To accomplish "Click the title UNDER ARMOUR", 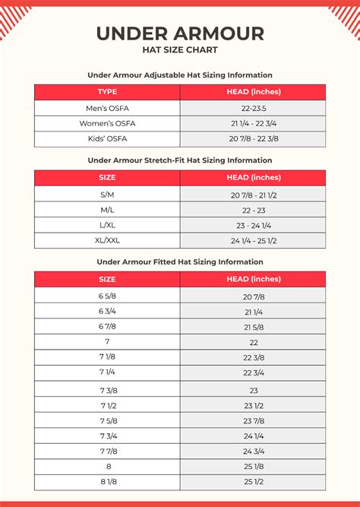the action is coord(180,33).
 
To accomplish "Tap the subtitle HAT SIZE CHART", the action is coord(180,50).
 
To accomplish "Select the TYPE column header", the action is coord(107,92).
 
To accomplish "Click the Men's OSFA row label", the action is coord(107,108).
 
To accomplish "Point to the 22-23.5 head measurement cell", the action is coord(253,108).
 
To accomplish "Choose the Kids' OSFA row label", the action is coord(107,138).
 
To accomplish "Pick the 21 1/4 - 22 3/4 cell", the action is coord(253,123).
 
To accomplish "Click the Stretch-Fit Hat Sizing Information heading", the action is coord(180,160).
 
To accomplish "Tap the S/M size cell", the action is coord(107,194).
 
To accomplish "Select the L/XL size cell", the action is coord(107,225).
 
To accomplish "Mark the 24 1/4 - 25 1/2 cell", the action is coord(253,240).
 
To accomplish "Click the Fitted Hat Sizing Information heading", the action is coord(180,262).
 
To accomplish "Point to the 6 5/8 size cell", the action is coord(107,296).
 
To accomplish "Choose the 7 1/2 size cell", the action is coord(107,405).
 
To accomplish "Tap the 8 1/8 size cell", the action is coord(107,482).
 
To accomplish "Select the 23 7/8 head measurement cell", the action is coord(253,420).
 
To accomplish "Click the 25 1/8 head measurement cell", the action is coord(253,467).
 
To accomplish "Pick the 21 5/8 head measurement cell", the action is coord(253,327).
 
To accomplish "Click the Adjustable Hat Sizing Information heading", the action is coord(180,75).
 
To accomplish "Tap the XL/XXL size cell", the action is coord(107,240).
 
